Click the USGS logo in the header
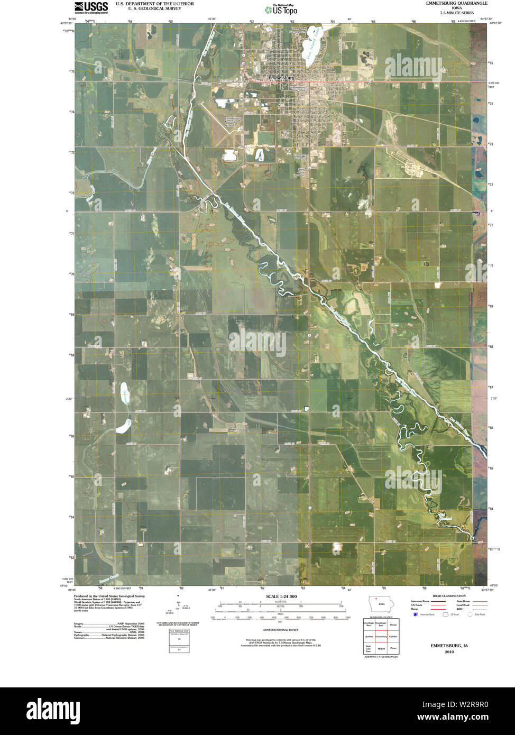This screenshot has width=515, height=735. click(91, 7)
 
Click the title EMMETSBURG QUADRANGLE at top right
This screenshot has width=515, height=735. click(457, 3)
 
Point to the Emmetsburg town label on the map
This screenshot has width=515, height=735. click(281, 78)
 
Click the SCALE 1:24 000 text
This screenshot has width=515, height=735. click(281, 596)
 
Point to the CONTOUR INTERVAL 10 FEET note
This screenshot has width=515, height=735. click(281, 630)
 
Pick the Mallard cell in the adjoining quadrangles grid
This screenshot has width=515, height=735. click(381, 648)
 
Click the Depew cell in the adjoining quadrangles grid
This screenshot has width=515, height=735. click(392, 624)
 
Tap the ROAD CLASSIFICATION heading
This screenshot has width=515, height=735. click(449, 596)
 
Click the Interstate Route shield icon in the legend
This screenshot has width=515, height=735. click(416, 614)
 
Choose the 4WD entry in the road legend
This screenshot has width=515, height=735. click(460, 609)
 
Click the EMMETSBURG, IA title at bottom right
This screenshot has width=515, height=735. click(449, 646)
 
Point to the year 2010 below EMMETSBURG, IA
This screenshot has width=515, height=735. click(449, 652)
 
